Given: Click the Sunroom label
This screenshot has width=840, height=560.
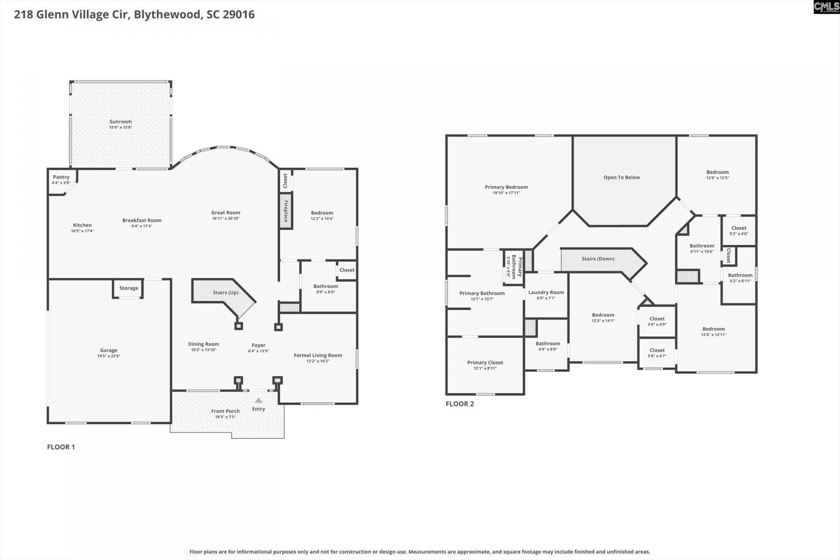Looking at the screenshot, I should pyautogui.click(x=120, y=122).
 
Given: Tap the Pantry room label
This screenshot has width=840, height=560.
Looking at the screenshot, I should pyautogui.click(x=61, y=177).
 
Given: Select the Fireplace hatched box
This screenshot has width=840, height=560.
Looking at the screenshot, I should pyautogui.click(x=286, y=211).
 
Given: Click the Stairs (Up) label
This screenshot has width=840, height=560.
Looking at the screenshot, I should pyautogui.click(x=225, y=292).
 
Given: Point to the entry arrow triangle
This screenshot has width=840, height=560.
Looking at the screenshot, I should pyautogui.click(x=259, y=400).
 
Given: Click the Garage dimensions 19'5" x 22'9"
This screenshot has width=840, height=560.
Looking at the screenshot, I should pyautogui.click(x=108, y=356).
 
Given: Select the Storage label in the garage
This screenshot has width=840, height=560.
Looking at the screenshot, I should pyautogui.click(x=129, y=288).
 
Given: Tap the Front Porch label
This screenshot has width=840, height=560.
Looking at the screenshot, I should pyautogui.click(x=225, y=411).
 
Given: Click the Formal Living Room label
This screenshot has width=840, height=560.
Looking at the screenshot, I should pyautogui.click(x=318, y=355).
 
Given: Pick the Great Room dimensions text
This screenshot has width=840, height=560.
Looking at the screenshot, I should pyautogui.click(x=226, y=218).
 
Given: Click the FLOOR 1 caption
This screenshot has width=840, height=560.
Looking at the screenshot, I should pyautogui.click(x=61, y=447).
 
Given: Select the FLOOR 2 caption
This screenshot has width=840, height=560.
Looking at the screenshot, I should pyautogui.click(x=459, y=404).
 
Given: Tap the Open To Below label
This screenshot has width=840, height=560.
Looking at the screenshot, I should pyautogui.click(x=621, y=177).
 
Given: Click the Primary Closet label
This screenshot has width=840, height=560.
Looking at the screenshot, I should pyautogui.click(x=485, y=362).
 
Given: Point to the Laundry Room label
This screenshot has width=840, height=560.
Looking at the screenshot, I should pyautogui.click(x=546, y=292).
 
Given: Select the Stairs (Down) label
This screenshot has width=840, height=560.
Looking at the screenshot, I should pyautogui.click(x=598, y=259).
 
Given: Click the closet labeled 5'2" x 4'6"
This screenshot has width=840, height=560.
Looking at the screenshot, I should pyautogui.click(x=738, y=231).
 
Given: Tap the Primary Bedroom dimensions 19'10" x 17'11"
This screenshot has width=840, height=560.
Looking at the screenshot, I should pyautogui.click(x=506, y=192).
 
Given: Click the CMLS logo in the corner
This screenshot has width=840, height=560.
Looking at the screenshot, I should pyautogui.click(x=826, y=7).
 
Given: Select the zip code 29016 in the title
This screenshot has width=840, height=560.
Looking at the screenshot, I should pyautogui.click(x=238, y=14).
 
